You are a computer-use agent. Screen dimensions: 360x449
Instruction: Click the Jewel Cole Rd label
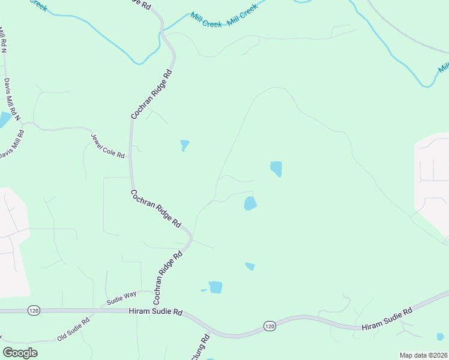tap(107, 145)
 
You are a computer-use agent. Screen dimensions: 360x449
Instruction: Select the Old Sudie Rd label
tap(73, 329)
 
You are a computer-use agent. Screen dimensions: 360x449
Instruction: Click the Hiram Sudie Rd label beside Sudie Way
tap(155, 311)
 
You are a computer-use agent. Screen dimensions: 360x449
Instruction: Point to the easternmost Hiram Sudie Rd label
tap(387, 320)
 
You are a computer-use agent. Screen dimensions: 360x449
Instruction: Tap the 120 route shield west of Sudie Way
tap(33, 310)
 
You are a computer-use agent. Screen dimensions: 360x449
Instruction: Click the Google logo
tap(20, 353)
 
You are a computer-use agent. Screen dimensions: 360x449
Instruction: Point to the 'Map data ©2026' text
tap(423, 355)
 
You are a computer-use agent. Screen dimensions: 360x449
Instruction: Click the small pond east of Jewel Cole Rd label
tap(184, 145)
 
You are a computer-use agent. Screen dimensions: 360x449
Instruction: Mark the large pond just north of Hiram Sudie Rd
tap(215, 287)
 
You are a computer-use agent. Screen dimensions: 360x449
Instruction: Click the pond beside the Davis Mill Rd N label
tap(4, 119)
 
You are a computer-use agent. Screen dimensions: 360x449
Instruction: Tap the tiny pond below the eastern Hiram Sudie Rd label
tap(440, 337)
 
